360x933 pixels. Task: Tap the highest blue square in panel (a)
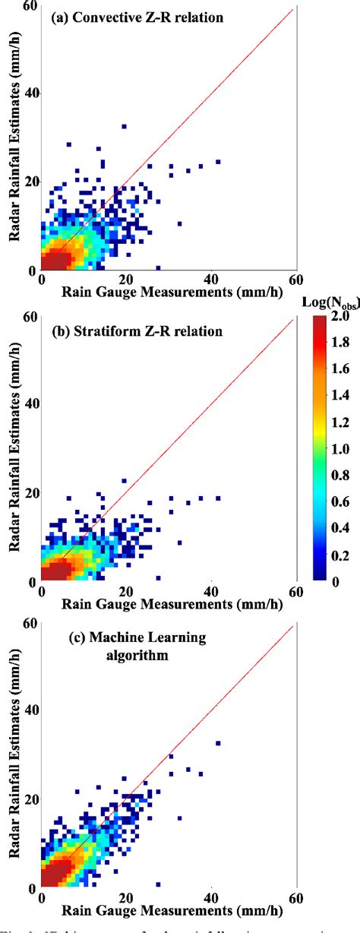[x=124, y=126]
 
